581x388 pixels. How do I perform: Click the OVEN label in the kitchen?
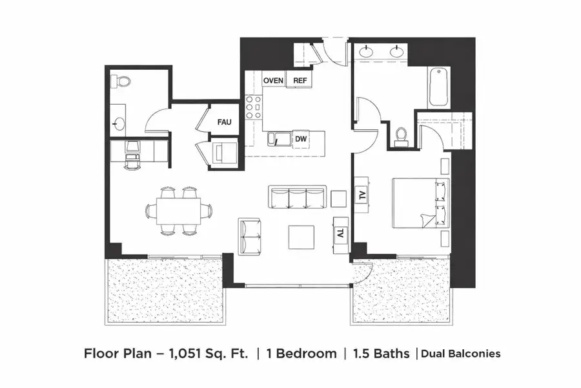274,80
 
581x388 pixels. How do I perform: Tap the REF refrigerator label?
300,80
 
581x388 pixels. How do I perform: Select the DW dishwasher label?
300,138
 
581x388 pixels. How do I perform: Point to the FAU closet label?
224,122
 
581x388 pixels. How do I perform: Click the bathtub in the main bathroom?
438,87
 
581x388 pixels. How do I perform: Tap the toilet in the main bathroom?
401,133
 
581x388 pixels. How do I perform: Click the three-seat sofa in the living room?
296,197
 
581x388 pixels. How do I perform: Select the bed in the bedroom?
420,204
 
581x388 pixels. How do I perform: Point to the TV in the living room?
340,233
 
